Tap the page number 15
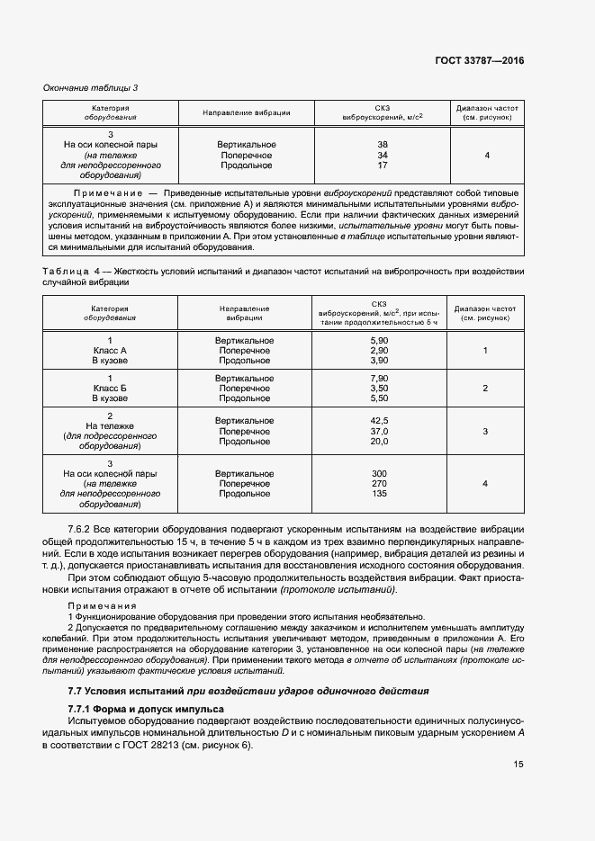pyautogui.click(x=518, y=764)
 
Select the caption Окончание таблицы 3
pyautogui.click(x=91, y=87)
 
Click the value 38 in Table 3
pyautogui.click(x=383, y=145)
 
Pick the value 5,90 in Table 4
pyautogui.click(x=379, y=340)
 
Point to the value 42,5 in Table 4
pyautogui.click(x=379, y=421)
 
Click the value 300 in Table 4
pyautogui.click(x=379, y=473)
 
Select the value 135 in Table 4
pyautogui.click(x=379, y=494)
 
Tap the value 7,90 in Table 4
pyautogui.click(x=379, y=378)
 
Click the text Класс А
pyautogui.click(x=110, y=350)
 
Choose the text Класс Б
pyautogui.click(x=110, y=388)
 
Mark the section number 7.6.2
pyautogui.click(x=82, y=529)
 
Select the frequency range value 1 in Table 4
pyautogui.click(x=485, y=350)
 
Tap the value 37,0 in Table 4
pyautogui.click(x=379, y=432)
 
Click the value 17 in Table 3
pyautogui.click(x=383, y=166)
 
